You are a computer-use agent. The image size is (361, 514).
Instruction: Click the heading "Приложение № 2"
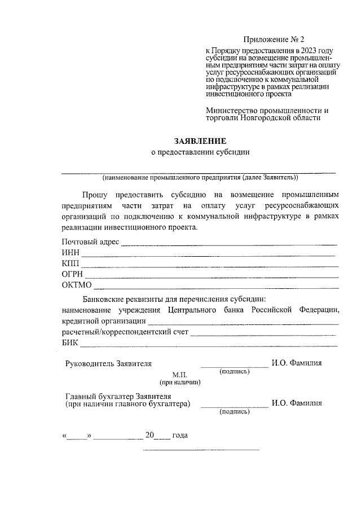click(x=273, y=39)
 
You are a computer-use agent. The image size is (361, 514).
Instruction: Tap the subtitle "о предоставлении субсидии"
click(x=200, y=152)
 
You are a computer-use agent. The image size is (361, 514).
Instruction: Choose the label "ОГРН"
click(x=73, y=274)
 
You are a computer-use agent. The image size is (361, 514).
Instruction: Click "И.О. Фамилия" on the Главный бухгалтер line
click(x=297, y=403)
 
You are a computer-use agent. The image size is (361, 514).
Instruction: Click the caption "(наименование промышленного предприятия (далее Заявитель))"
click(x=200, y=177)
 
